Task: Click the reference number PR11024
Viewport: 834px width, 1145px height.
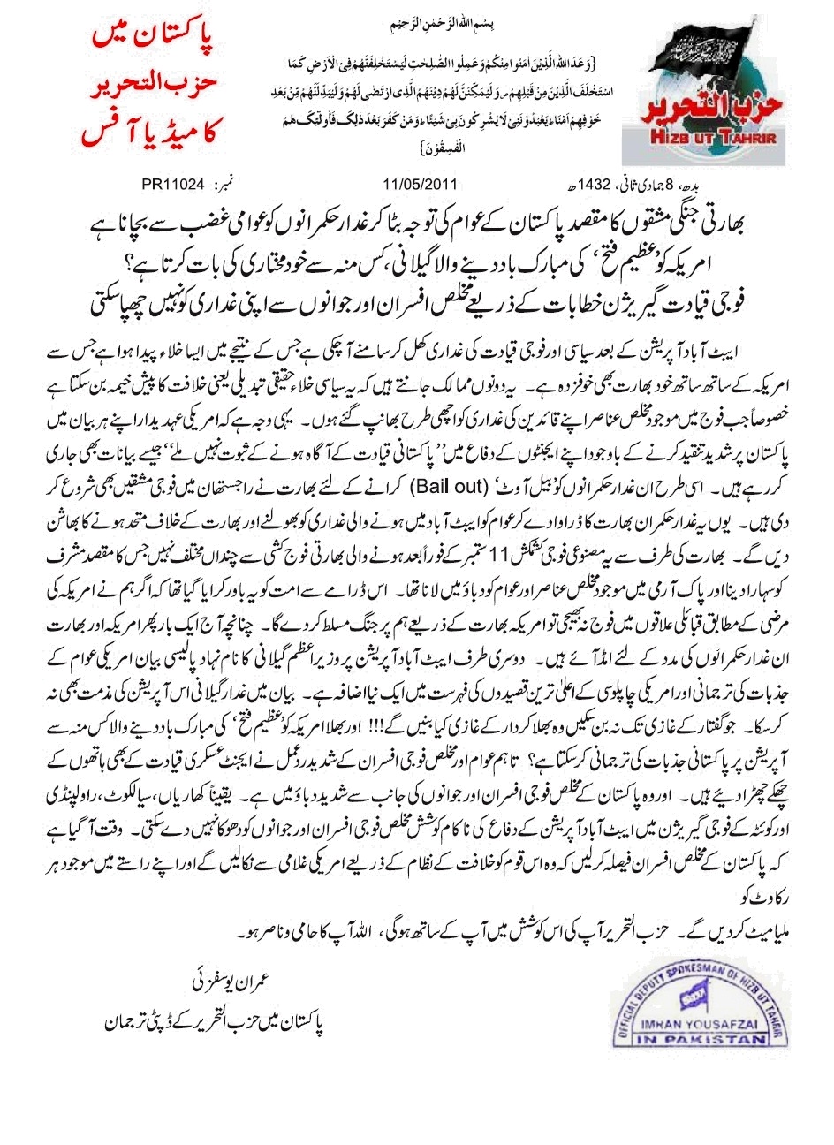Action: point(173,185)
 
